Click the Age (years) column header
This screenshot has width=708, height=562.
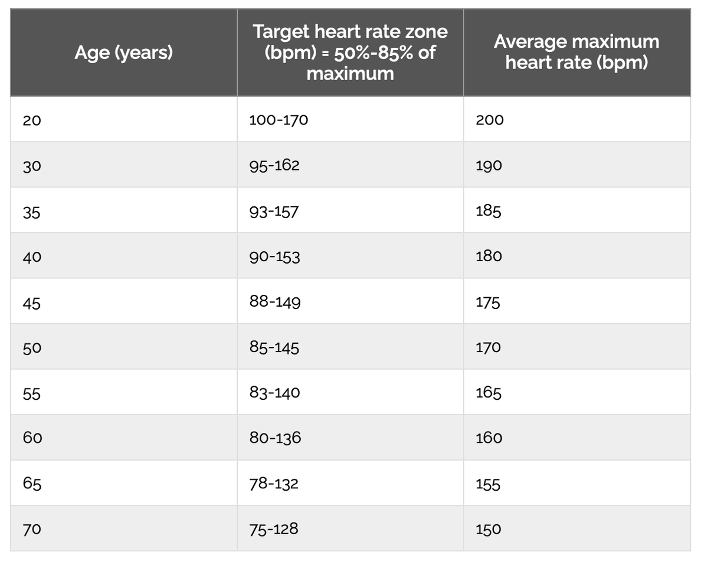point(124,53)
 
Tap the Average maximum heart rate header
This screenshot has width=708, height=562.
point(576,52)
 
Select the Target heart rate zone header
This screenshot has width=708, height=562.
point(350,52)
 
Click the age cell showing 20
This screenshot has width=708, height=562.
point(32,120)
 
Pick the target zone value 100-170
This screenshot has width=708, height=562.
point(278,120)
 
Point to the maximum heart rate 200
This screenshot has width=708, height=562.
point(490,120)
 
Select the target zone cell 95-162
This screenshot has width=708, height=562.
point(274,165)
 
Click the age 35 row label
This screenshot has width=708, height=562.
point(32,211)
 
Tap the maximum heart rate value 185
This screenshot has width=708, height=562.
point(489,211)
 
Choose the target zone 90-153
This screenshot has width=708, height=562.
point(274,257)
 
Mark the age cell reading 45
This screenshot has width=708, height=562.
point(32,303)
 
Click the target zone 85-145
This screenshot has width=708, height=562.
point(274,347)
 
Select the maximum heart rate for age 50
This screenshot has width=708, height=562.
point(489,347)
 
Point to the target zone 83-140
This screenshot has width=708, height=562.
point(274,392)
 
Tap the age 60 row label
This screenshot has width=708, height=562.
point(32,438)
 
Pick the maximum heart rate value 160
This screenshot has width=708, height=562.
point(489,438)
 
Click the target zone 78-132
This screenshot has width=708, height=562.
point(274,484)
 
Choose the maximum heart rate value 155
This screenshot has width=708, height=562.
point(489,484)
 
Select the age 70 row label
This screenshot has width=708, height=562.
point(32,529)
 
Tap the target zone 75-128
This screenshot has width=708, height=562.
point(274,528)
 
